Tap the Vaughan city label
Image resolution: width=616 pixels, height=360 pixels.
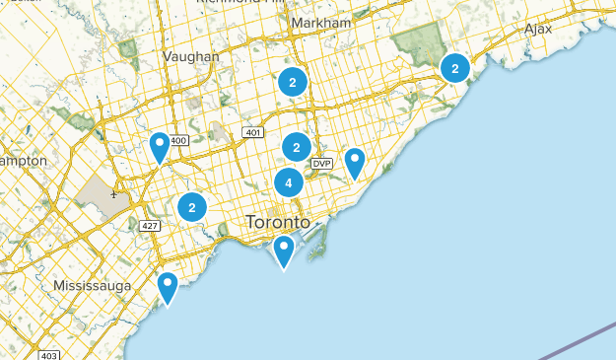point(192,56)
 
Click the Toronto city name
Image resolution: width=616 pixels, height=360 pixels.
point(277,222)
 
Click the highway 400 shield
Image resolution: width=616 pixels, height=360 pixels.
point(178,140)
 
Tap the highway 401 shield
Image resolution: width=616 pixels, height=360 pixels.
point(252,132)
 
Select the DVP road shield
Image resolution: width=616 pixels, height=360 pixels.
point(321,163)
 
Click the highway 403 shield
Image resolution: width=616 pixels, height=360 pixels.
point(51,355)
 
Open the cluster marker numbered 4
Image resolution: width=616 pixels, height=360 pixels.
point(289,182)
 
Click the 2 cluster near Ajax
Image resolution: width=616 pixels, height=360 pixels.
point(454,68)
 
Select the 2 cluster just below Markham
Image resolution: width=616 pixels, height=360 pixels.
point(293,82)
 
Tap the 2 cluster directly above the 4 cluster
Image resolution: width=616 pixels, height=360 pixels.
point(296,147)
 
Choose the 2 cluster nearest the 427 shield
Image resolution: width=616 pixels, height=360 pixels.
point(191,207)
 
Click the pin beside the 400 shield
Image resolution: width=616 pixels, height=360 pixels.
point(160,147)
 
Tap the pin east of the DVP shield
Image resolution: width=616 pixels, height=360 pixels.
point(354,162)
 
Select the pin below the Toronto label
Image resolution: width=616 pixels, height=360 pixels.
point(284,251)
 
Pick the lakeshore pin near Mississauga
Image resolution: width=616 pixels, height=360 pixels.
point(168,287)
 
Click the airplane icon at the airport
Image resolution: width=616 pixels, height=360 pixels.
point(114,194)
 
